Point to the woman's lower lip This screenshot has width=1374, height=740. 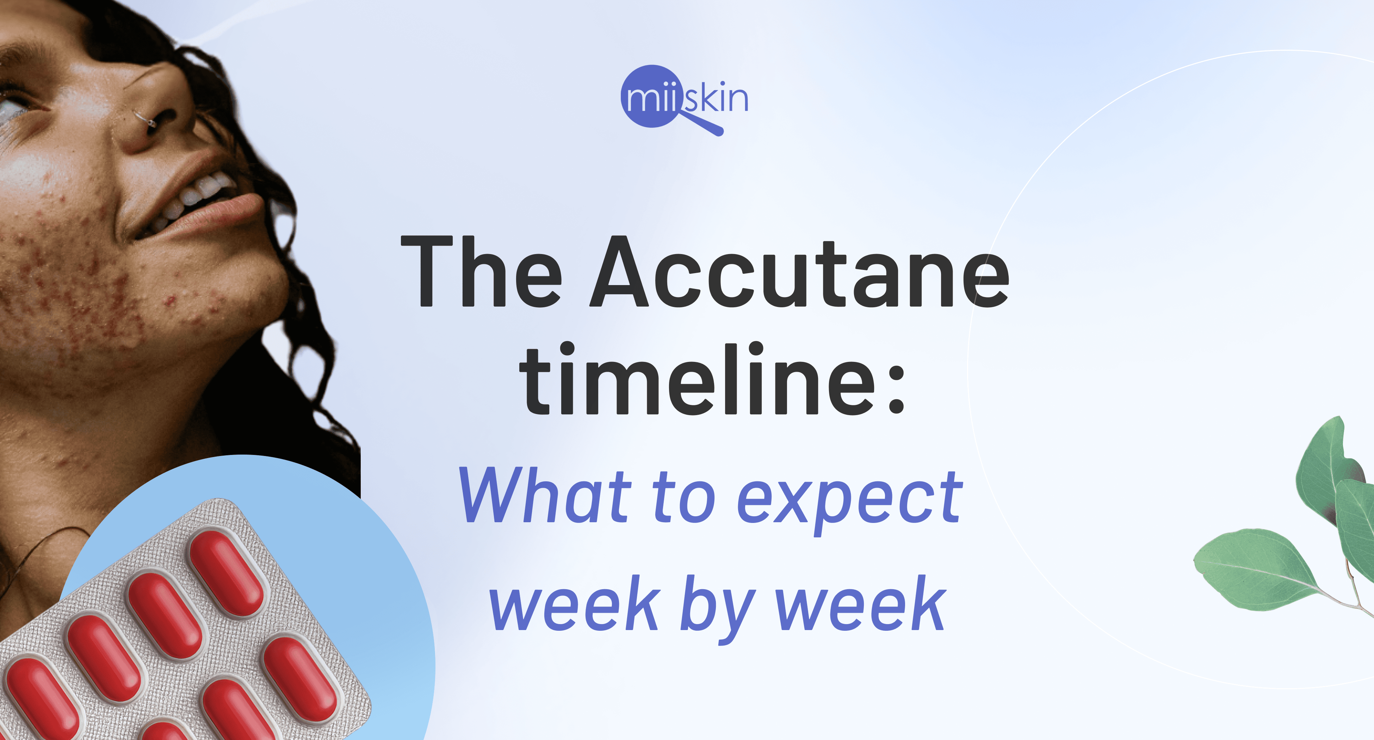click(x=224, y=214)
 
